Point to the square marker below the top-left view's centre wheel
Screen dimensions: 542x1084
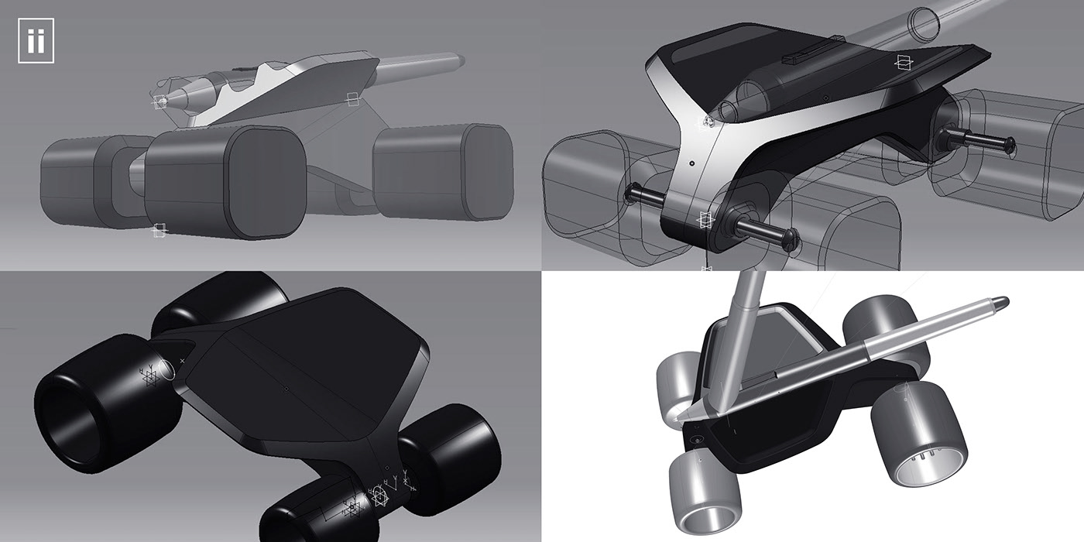pyautogui.click(x=160, y=229)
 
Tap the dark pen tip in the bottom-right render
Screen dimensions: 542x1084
pyautogui.click(x=1000, y=300)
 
